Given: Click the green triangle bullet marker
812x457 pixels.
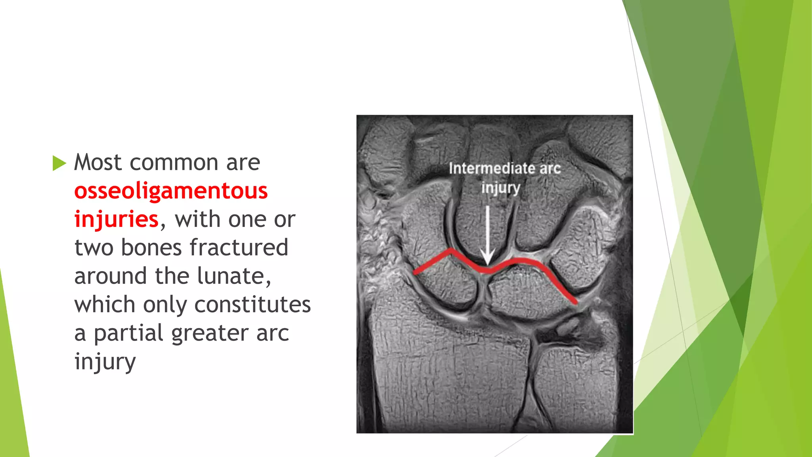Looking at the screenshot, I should (x=59, y=163).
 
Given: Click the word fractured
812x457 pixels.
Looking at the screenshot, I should (x=239, y=248).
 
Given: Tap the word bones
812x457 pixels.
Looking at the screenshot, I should (x=151, y=248).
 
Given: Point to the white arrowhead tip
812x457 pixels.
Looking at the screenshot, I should (x=487, y=265).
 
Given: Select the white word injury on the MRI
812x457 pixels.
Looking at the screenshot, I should (x=500, y=188).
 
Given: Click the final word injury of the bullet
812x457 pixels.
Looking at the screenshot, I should (x=105, y=362).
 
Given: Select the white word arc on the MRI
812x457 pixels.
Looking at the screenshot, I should (x=550, y=169).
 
